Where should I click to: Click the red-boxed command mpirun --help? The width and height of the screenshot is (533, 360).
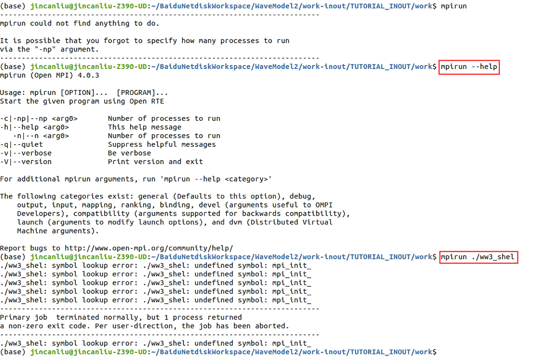click(469, 67)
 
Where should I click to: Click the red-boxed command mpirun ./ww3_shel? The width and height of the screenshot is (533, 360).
click(479, 257)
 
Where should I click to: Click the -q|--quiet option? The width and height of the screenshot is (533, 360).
click(21, 145)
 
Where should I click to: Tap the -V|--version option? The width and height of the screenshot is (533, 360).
click(26, 162)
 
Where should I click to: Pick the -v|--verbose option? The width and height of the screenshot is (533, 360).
click(26, 153)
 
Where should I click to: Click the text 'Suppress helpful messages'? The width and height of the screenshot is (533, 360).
click(162, 145)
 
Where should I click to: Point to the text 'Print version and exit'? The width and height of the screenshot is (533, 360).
click(155, 162)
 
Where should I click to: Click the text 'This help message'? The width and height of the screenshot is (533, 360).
click(145, 127)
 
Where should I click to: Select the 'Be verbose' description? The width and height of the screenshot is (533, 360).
click(129, 153)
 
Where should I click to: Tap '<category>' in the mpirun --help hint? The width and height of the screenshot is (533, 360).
click(249, 179)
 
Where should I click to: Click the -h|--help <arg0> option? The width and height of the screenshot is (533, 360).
click(34, 127)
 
